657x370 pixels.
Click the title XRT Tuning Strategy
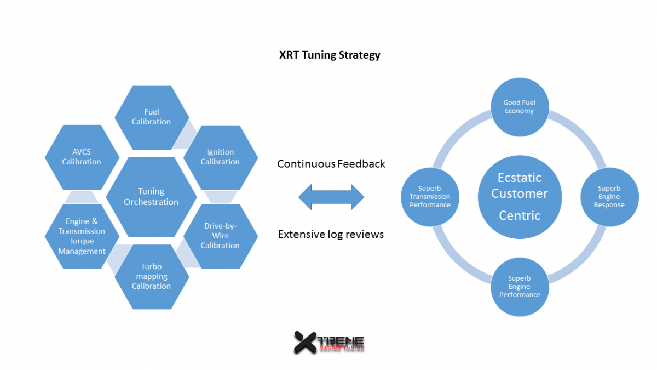329,55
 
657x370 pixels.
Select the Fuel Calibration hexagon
152,117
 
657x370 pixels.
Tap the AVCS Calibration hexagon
82,157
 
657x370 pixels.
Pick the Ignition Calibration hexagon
220,157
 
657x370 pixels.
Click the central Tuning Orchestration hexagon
151,197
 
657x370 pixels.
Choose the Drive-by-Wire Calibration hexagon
220,236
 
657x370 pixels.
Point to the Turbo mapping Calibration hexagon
152,277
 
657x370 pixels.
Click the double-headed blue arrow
331,197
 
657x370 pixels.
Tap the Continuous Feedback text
331,164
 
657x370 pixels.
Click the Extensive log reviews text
331,235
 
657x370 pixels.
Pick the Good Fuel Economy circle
520,107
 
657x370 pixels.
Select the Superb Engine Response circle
609,197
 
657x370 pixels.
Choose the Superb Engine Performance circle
520,287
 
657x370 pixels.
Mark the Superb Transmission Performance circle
430,197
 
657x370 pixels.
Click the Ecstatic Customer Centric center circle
520,197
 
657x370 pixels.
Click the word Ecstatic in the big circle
520,178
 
